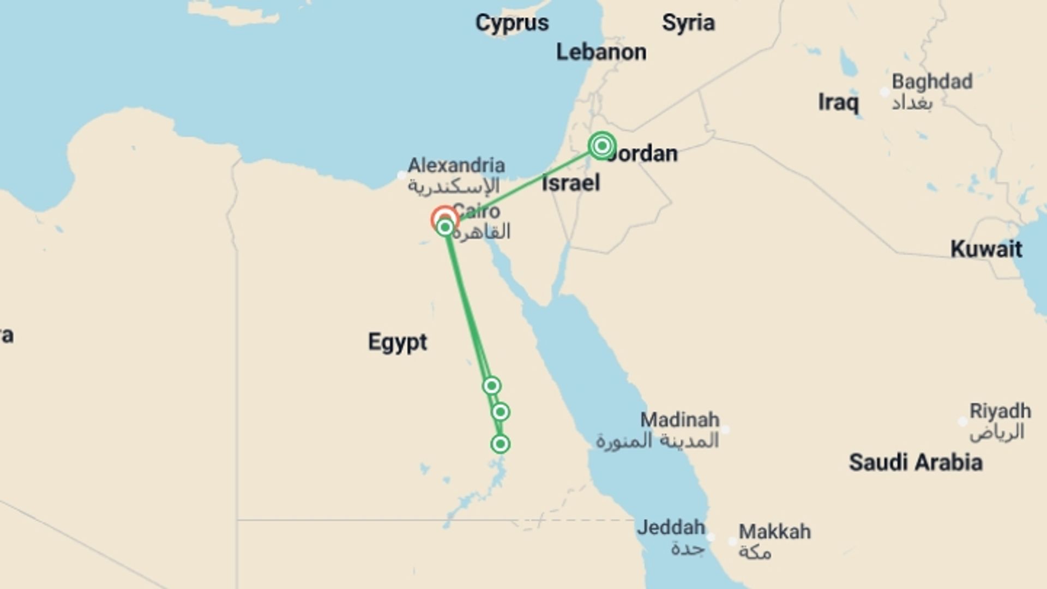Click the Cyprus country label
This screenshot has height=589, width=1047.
[x=512, y=23]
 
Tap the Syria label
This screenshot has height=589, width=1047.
[x=688, y=23]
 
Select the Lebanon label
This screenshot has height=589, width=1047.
[x=601, y=52]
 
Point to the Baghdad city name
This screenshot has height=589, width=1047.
[x=931, y=82]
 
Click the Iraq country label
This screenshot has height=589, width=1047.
[x=838, y=103]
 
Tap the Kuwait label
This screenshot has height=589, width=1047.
[x=986, y=249]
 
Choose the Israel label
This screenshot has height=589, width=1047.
[x=570, y=183]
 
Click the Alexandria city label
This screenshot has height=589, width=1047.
[x=456, y=165]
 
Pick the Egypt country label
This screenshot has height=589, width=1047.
[x=398, y=342]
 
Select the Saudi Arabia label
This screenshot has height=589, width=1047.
[x=915, y=462]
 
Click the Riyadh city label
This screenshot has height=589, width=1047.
[x=1000, y=411]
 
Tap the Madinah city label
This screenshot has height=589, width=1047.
[x=679, y=420]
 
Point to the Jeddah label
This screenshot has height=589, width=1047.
[x=671, y=528]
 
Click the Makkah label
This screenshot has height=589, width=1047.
[x=774, y=532]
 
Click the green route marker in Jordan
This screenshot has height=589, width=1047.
[x=602, y=146]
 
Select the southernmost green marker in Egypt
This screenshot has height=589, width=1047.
[x=500, y=444]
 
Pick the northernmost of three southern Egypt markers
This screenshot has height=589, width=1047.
[x=491, y=386]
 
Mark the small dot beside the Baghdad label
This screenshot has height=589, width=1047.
[x=885, y=92]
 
